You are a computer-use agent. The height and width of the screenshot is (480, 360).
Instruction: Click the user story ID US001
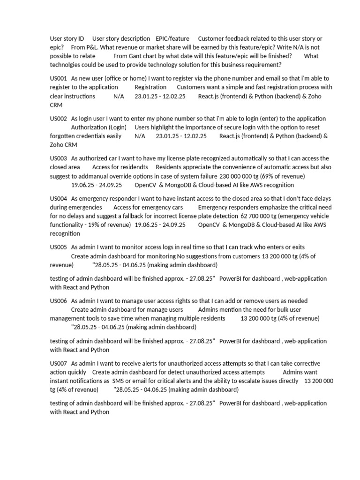pyautogui.click(x=59, y=78)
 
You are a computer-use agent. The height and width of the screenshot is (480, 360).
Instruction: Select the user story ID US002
pyautogui.click(x=59, y=119)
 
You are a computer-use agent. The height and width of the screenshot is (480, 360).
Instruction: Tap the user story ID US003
pyautogui.click(x=59, y=158)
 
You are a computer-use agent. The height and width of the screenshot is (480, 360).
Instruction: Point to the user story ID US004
pyautogui.click(x=59, y=199)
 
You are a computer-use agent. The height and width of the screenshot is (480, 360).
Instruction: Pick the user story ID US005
pyautogui.click(x=59, y=247)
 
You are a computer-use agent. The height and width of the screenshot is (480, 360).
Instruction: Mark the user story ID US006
pyautogui.click(x=59, y=300)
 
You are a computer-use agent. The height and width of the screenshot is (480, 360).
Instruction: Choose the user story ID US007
pyautogui.click(x=59, y=363)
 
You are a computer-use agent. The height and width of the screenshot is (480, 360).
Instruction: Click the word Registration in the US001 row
pyautogui.click(x=150, y=87)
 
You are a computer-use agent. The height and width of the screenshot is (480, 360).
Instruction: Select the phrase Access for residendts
pyautogui.click(x=120, y=167)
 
